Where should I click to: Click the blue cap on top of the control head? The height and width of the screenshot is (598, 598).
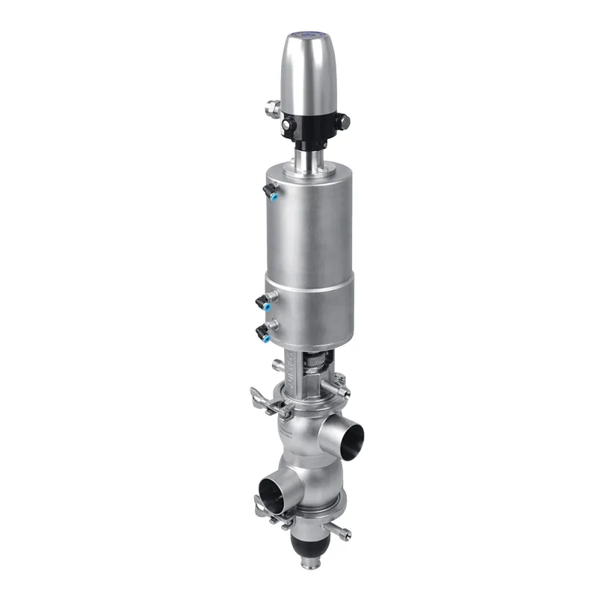click(x=310, y=34)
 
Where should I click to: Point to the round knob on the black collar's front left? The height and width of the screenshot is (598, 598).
click(x=288, y=128)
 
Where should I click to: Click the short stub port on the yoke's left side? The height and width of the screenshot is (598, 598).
click(x=278, y=366)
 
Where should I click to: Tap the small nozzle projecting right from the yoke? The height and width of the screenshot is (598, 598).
click(x=344, y=392)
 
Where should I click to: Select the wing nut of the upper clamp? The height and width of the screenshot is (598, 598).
click(x=257, y=392)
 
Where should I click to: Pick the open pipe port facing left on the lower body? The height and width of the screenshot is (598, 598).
click(x=268, y=493)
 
